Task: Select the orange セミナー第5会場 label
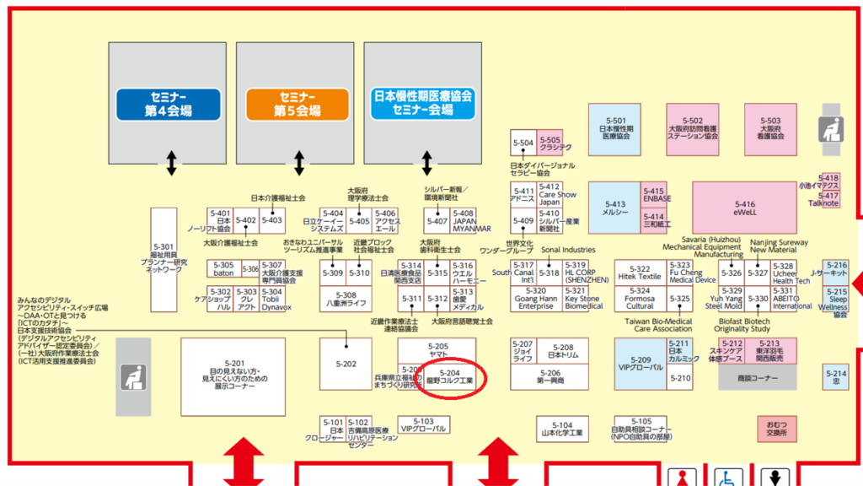[297, 104]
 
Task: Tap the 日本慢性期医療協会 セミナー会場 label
[422, 103]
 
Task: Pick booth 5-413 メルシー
[614, 208]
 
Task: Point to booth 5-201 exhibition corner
[228, 375]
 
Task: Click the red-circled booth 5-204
[450, 377]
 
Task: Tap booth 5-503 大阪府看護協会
[769, 127]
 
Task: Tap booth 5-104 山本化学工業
[562, 429]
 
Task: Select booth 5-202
[346, 364]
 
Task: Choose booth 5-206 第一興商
[549, 376]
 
